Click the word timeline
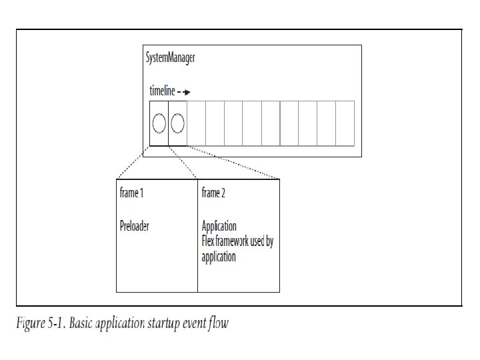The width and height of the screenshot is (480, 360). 162,91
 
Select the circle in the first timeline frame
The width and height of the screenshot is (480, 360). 159,123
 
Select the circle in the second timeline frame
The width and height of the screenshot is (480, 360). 177,123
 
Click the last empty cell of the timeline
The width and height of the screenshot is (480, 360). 345,123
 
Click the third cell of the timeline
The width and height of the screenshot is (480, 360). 196,123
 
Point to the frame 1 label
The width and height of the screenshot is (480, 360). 131,193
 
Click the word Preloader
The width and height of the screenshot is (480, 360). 134,226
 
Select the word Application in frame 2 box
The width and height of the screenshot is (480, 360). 219,226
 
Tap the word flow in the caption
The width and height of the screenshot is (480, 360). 217,324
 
